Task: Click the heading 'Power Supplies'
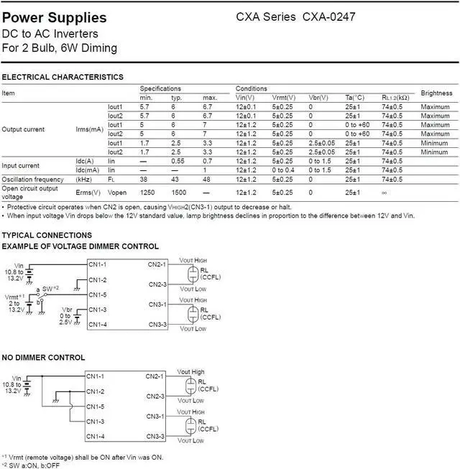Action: (x=55, y=17)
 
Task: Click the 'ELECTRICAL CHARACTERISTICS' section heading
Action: (x=63, y=77)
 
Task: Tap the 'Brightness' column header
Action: (x=436, y=93)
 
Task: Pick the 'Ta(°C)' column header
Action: (x=355, y=97)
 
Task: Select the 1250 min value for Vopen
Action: (x=147, y=192)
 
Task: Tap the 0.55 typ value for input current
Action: (x=178, y=161)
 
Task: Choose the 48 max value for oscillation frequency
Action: (x=207, y=179)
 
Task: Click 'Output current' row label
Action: (x=23, y=129)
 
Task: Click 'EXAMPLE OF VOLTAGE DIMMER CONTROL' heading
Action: (x=80, y=246)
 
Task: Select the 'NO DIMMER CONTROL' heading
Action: (x=43, y=357)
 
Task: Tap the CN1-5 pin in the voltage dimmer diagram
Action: (x=97, y=294)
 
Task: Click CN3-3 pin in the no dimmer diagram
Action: (x=155, y=436)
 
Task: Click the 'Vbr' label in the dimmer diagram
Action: (x=67, y=309)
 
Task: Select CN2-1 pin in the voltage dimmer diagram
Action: (x=157, y=264)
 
